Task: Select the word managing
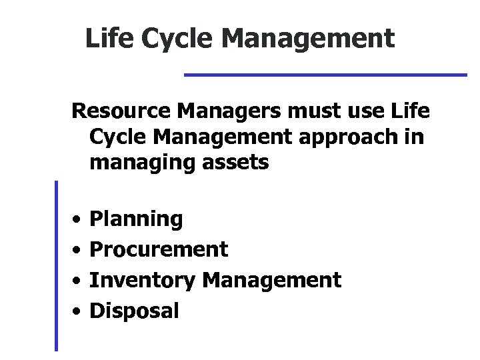point(134,163)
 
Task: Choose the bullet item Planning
point(136,219)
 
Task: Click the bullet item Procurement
point(159,249)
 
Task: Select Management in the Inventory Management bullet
point(272,280)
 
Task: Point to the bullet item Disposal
point(134,310)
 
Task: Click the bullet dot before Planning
point(77,219)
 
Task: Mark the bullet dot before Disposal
point(77,310)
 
